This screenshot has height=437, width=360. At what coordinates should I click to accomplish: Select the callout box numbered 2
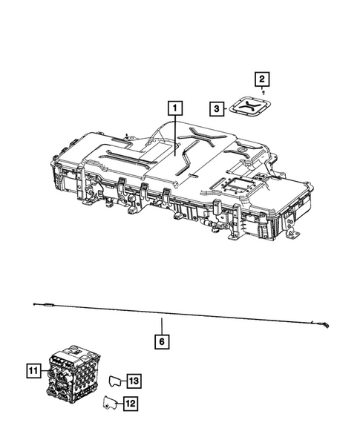261,78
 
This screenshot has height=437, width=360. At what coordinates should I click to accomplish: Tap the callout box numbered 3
215,109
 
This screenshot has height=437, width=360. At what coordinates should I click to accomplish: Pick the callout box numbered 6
161,342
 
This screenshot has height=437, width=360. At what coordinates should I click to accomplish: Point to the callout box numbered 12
131,404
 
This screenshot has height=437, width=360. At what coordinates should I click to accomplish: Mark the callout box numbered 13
132,381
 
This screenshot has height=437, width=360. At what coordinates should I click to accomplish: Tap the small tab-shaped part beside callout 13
114,381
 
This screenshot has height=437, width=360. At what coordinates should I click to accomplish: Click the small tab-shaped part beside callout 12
111,403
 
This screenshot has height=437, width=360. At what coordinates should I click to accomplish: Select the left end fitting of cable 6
46,305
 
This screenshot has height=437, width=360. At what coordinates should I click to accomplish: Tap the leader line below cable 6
161,325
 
